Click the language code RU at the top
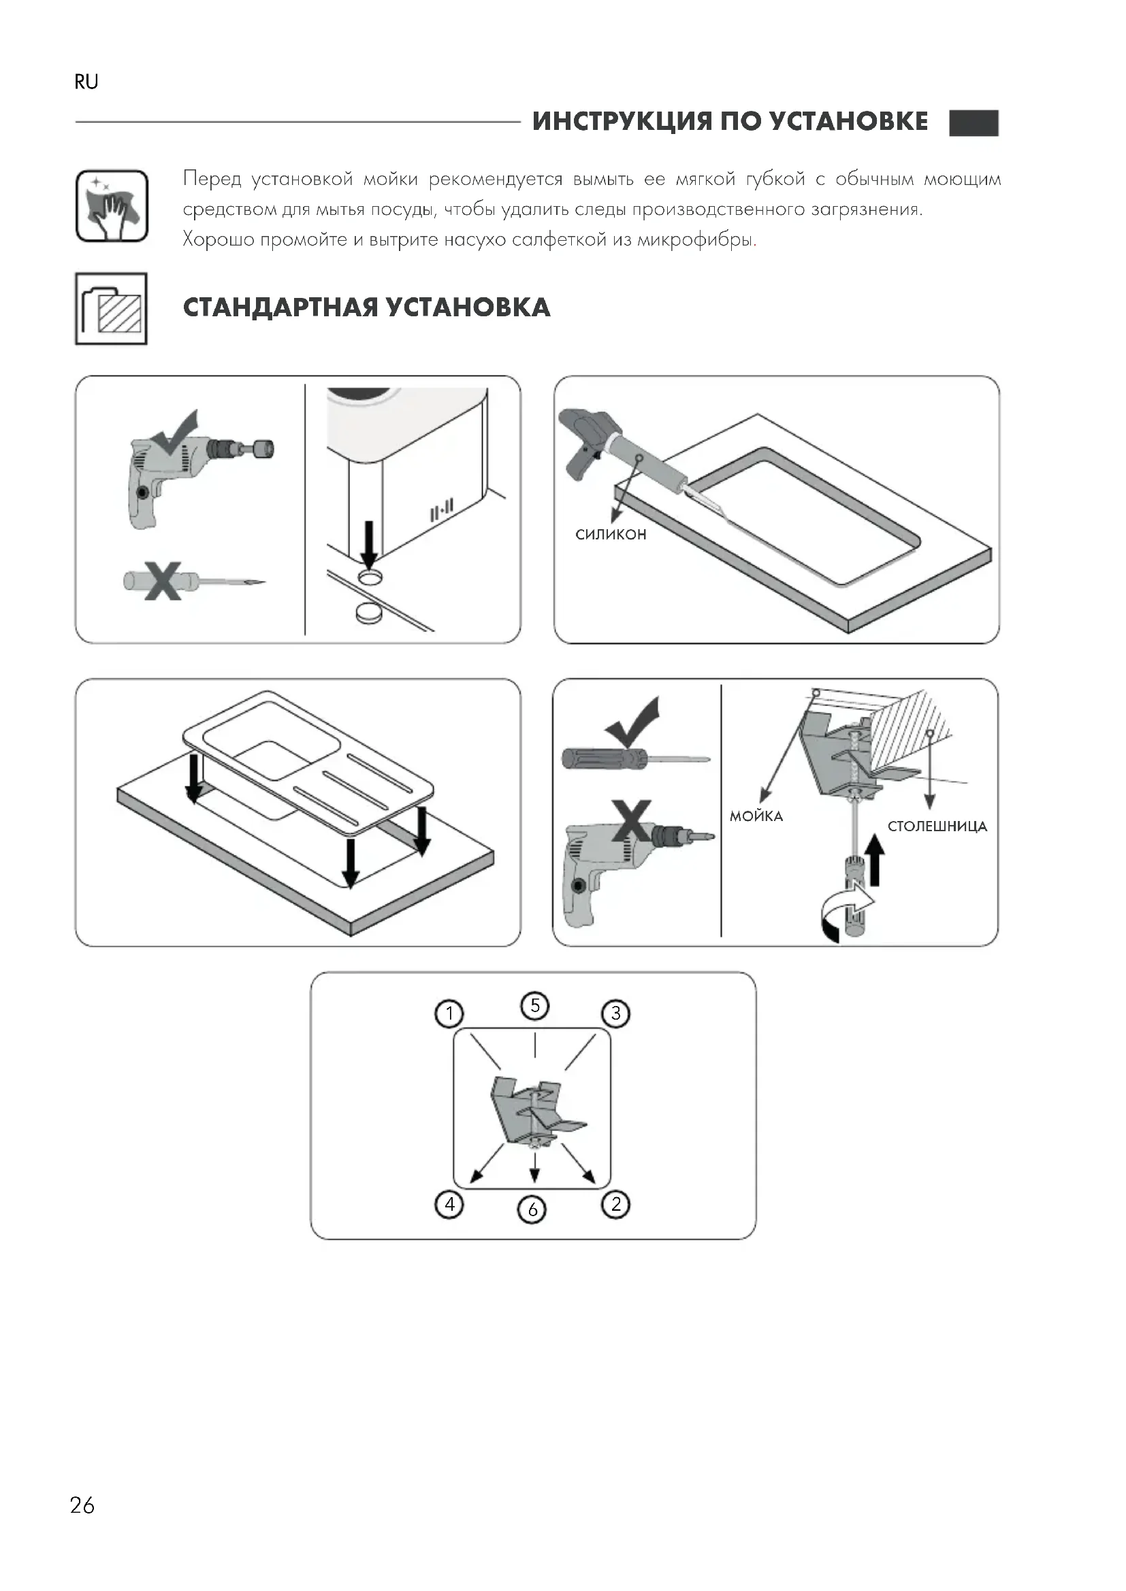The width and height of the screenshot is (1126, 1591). (86, 82)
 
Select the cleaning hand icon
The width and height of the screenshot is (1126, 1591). (112, 207)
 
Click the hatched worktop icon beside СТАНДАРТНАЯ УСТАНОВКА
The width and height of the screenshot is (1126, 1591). (111, 309)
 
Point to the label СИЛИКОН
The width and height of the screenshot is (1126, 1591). (611, 534)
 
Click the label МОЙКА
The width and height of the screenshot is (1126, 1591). (756, 816)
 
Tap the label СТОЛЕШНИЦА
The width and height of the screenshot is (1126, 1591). (937, 826)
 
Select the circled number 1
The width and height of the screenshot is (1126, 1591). (449, 1014)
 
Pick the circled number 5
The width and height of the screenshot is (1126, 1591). (534, 1005)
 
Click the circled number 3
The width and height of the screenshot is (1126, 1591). (615, 1014)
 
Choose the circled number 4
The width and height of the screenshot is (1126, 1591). (449, 1205)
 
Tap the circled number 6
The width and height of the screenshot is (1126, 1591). (532, 1209)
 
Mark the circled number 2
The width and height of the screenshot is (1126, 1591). (615, 1205)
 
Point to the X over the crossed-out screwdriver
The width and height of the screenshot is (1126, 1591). (163, 580)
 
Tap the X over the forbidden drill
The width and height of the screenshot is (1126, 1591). (632, 820)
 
